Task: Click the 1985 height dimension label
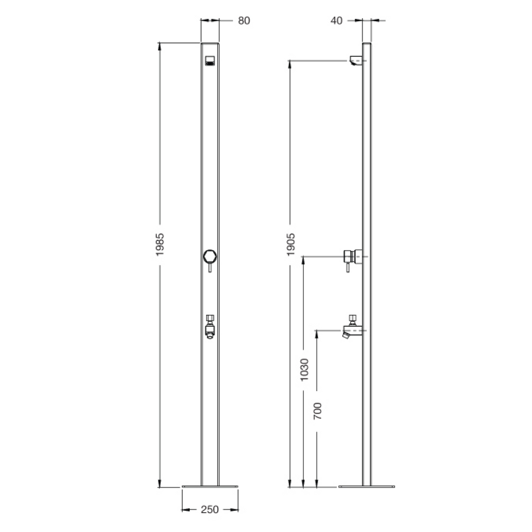(x=160, y=244)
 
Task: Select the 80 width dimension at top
(x=244, y=21)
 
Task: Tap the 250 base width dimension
(x=209, y=510)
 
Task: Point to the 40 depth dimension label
(x=336, y=21)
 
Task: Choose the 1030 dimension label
(x=304, y=369)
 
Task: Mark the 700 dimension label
(x=318, y=411)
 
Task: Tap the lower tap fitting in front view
(x=210, y=326)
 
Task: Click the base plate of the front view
(x=210, y=487)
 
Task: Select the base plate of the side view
(x=366, y=487)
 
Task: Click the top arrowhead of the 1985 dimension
(x=160, y=45)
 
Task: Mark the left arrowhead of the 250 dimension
(x=184, y=510)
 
